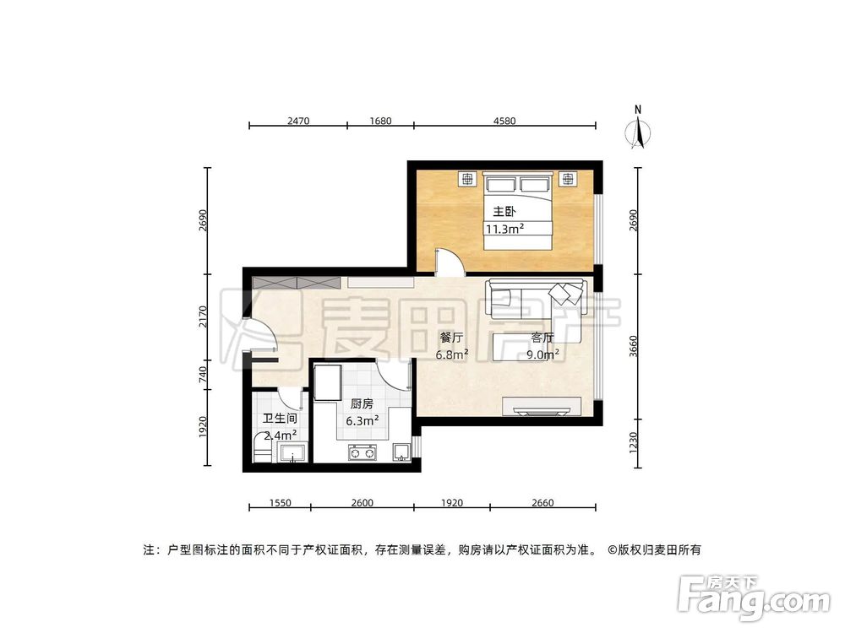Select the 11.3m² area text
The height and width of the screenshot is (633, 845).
coord(504,229)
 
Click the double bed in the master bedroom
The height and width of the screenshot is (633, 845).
coord(518,211)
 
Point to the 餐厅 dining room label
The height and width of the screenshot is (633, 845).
coord(448,338)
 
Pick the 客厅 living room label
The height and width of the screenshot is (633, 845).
coord(542,338)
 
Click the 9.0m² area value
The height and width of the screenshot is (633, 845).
coord(542,354)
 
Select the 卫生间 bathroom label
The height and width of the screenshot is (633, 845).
coord(279,419)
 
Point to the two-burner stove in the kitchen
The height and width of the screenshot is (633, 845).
coord(361,454)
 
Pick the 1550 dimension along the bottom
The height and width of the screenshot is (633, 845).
coord(280,503)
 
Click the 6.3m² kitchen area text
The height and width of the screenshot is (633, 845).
coord(362,419)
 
